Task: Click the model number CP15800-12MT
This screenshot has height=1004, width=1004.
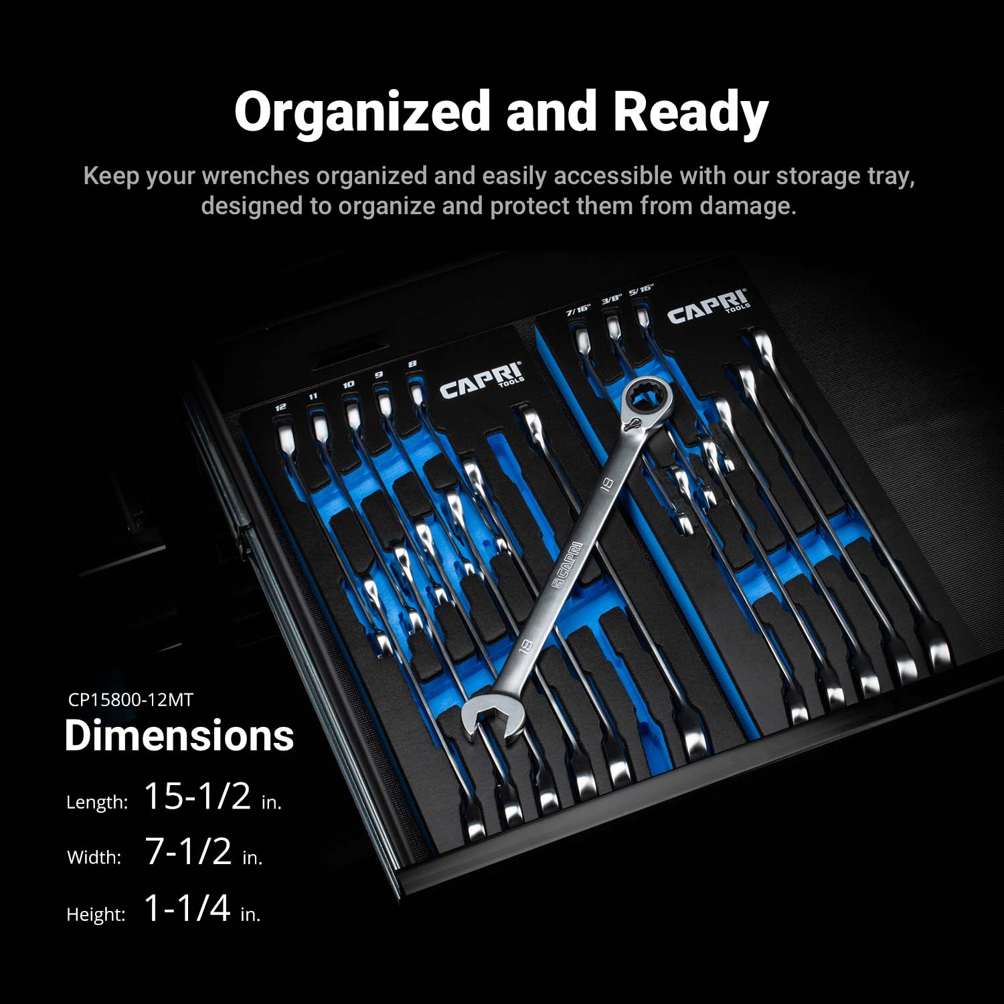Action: (131, 700)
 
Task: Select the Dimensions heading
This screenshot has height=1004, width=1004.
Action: (179, 736)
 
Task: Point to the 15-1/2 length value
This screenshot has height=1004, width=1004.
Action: (197, 796)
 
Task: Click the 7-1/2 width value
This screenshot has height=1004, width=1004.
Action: (189, 851)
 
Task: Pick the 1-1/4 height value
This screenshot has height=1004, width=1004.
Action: (187, 908)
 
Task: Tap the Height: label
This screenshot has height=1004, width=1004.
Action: (96, 914)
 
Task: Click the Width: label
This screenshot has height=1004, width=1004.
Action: (94, 857)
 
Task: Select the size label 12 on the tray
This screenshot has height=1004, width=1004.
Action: (281, 406)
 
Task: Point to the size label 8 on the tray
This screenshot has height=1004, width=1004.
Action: (412, 364)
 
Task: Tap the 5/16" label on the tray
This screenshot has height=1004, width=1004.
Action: (641, 290)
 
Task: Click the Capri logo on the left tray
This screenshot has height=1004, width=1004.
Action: (481, 381)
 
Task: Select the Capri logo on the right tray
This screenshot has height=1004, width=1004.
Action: (709, 306)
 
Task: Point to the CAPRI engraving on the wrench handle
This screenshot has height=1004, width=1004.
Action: (568, 566)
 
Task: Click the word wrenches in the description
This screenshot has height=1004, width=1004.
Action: (256, 176)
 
